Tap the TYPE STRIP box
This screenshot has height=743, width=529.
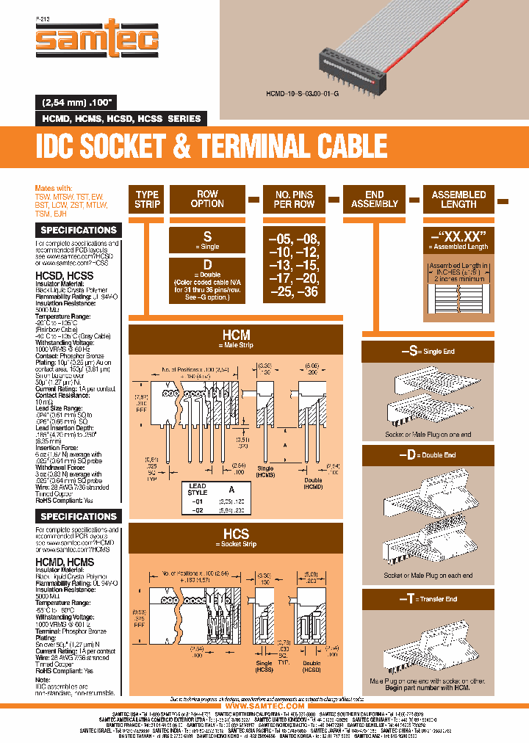click(x=147, y=200)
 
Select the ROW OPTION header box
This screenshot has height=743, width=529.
click(x=207, y=200)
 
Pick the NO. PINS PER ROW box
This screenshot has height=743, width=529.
click(x=294, y=200)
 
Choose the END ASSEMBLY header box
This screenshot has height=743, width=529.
click(x=375, y=200)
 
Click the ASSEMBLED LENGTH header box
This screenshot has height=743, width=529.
click(x=458, y=200)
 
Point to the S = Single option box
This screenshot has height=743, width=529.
click(x=207, y=241)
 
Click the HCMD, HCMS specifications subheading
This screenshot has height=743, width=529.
click(x=65, y=562)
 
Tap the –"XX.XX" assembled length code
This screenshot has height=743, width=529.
click(x=458, y=237)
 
